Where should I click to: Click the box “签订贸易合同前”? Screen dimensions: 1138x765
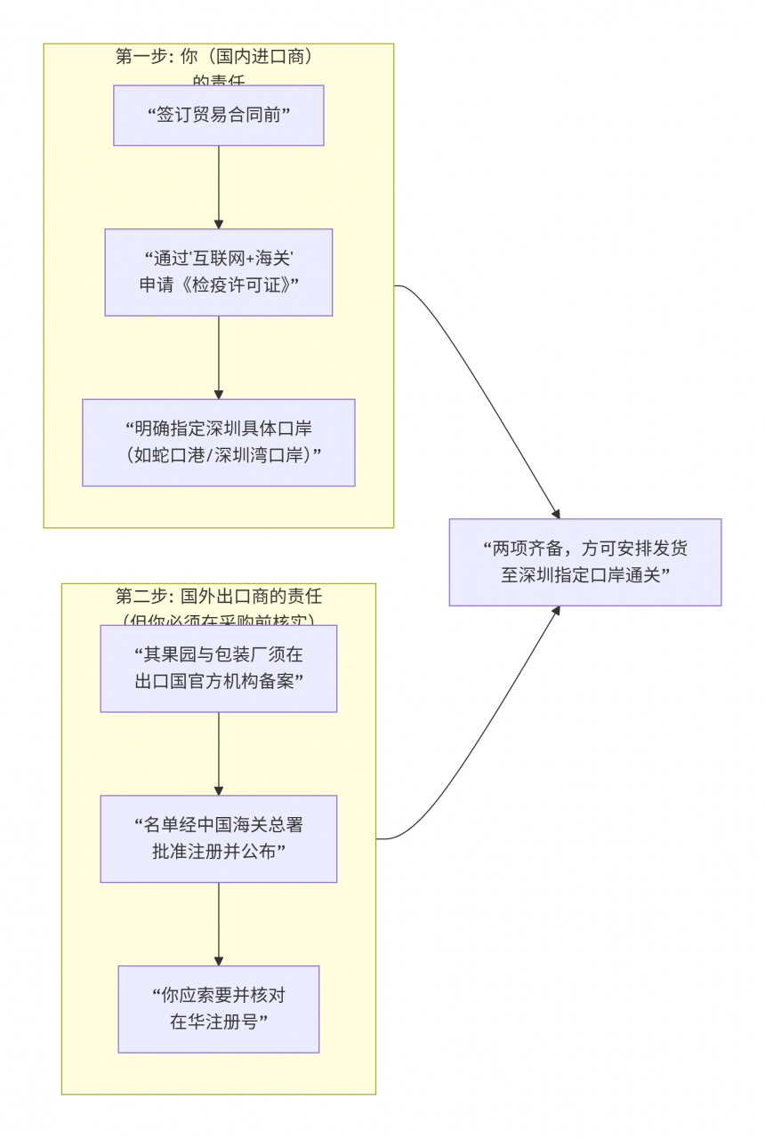tap(218, 116)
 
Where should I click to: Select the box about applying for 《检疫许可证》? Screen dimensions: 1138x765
tap(218, 272)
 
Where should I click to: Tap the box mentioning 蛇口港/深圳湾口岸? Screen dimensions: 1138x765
tap(218, 443)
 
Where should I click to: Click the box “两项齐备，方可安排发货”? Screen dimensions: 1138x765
tap(584, 562)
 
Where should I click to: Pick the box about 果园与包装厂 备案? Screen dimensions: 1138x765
tap(218, 669)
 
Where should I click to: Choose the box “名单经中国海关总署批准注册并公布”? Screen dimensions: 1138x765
tap(218, 838)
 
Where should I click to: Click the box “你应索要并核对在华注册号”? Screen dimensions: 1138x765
tap(218, 1009)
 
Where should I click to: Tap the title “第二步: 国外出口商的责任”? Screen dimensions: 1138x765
tap(218, 597)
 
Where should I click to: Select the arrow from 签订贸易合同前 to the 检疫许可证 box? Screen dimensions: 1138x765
tap(219, 187)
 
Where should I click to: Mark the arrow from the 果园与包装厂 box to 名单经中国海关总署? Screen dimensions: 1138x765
tap(219, 754)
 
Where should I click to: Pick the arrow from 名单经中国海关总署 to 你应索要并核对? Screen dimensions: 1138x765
tap(219, 924)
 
